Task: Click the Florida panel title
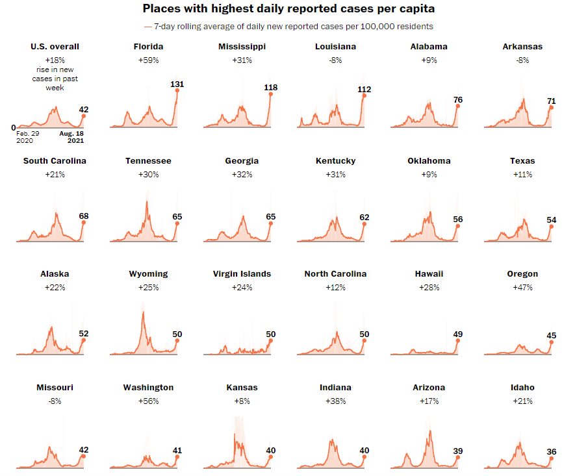pos(148,47)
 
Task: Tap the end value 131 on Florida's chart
pos(177,84)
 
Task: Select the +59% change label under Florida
pos(148,60)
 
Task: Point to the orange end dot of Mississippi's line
pos(270,94)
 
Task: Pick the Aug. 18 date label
pos(71,133)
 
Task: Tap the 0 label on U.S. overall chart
pos(13,128)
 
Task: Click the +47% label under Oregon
pos(522,288)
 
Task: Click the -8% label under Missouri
pos(55,401)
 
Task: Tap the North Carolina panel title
pos(335,274)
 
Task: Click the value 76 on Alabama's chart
pos(457,99)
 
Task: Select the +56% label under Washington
pos(148,401)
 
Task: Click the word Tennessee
pos(148,160)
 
